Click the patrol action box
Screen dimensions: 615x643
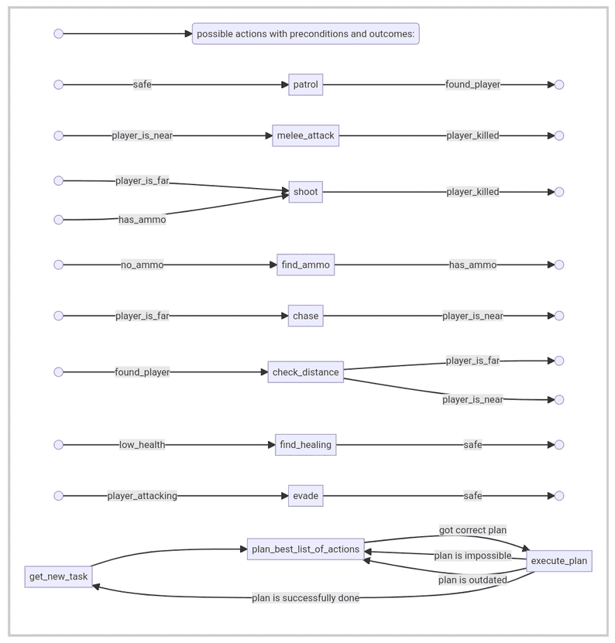305,84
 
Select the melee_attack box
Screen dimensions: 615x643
305,135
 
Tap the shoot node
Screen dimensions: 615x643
305,191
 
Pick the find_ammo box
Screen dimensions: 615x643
305,265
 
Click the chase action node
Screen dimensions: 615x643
305,316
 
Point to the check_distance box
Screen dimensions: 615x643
305,372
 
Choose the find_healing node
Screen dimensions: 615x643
305,444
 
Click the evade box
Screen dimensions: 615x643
305,496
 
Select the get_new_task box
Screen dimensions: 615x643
58,576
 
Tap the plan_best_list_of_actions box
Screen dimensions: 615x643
305,549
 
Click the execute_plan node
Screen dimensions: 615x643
559,560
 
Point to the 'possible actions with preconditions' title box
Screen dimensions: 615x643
305,33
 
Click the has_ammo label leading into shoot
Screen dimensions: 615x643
142,220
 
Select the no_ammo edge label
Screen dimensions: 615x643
142,265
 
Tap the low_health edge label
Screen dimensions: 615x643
142,444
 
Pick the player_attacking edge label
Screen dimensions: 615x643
142,496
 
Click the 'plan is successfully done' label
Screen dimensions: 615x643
305,598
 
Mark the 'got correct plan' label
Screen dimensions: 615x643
472,530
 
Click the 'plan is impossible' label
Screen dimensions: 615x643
472,556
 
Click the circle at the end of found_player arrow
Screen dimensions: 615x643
559,84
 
